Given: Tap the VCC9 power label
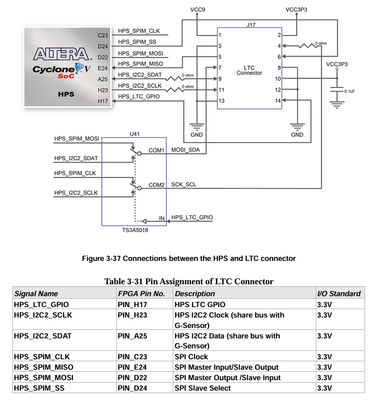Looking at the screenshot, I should (x=197, y=10).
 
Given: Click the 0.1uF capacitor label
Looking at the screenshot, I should (x=349, y=91).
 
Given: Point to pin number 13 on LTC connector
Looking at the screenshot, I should (x=222, y=101).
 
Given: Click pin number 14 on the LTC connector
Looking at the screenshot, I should (x=278, y=101).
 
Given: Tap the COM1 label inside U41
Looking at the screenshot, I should (x=156, y=150).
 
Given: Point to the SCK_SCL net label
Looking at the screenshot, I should (x=183, y=184).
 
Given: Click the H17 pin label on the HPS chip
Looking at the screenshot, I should (x=103, y=101).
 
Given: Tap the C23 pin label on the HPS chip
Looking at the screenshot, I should (x=103, y=35).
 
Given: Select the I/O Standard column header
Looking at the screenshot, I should (x=339, y=294).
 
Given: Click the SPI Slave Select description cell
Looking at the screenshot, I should (x=203, y=388).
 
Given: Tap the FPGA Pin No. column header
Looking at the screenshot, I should (x=142, y=294).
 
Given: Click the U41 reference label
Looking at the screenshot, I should (x=134, y=134).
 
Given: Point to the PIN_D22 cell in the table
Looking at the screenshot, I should (x=132, y=378).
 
